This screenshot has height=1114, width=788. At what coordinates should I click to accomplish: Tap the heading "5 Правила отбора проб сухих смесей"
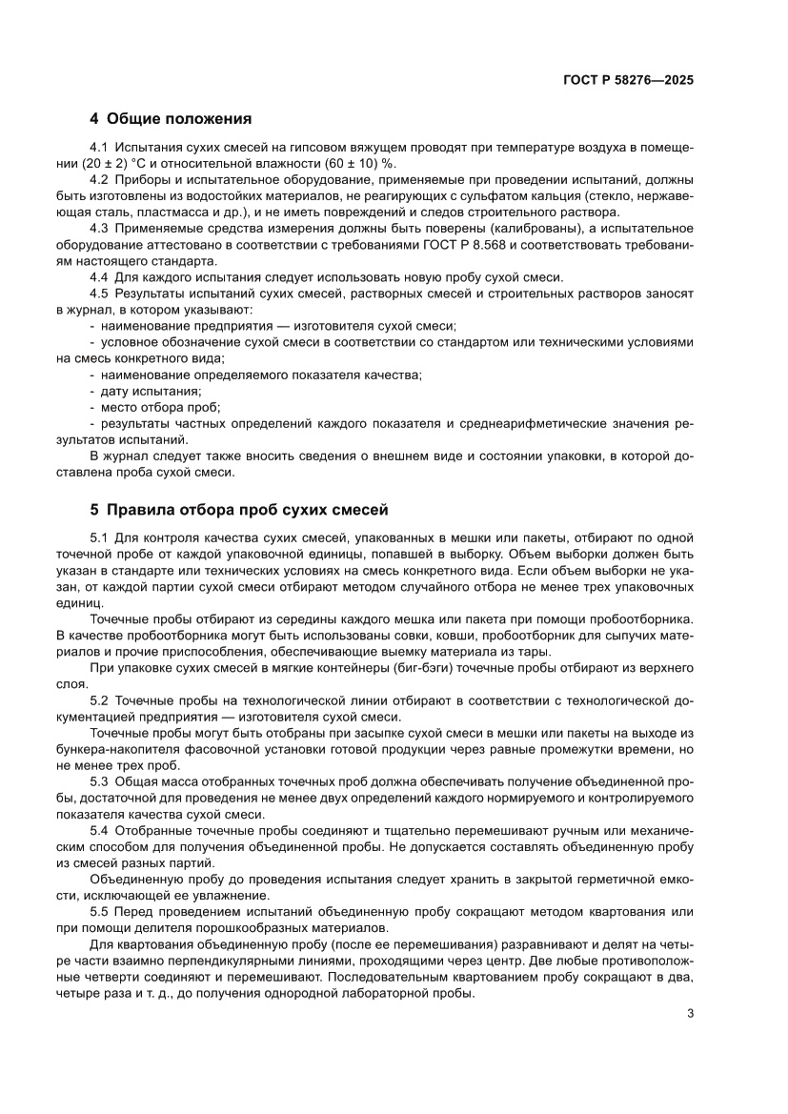click(x=238, y=509)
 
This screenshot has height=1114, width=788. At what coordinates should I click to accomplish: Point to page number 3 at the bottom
click(x=689, y=1013)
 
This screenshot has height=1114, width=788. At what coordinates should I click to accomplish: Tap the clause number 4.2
click(x=99, y=179)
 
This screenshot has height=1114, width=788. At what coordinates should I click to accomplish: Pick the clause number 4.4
click(x=99, y=277)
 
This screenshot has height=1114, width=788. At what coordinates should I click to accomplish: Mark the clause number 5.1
click(x=99, y=538)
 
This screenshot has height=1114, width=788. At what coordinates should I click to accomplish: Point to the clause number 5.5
click(x=99, y=912)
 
